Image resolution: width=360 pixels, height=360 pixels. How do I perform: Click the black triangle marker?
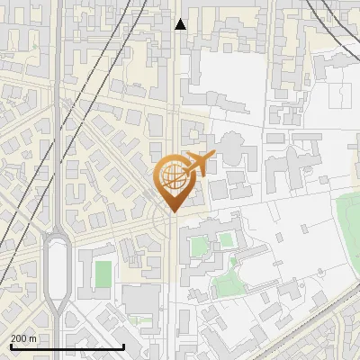pyautogui.click(x=180, y=24)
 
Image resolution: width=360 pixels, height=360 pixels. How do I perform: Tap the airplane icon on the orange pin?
pyautogui.click(x=196, y=164)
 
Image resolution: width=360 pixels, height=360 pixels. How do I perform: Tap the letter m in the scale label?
pyautogui.click(x=33, y=337)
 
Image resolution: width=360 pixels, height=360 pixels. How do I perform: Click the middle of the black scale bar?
pyautogui.click(x=67, y=346)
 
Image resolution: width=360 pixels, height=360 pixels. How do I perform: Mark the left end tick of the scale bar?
pyautogui.click(x=11, y=346)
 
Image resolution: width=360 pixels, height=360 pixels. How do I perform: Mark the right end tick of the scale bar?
pyautogui.click(x=123, y=346)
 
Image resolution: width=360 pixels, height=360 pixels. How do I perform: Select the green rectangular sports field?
pyautogui.click(x=103, y=272)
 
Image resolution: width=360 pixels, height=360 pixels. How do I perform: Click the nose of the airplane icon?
pyautogui.click(x=211, y=158)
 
